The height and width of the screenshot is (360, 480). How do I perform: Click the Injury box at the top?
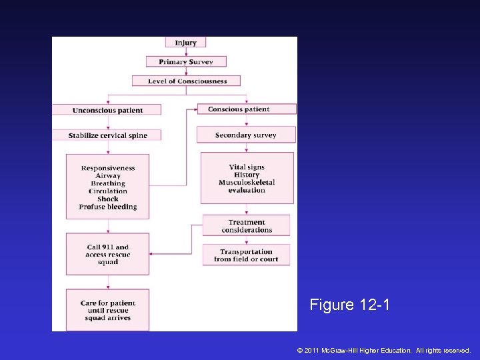coord(186,43)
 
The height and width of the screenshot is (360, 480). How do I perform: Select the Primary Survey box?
coord(186,62)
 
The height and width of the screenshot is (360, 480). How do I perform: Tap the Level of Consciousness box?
coord(186,81)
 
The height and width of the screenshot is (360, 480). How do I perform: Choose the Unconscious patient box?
coord(107,110)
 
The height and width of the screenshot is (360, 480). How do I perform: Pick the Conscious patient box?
coord(246,109)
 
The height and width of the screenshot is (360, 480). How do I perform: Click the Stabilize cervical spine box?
coord(107,135)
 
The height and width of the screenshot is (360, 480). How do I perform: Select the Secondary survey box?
coord(246,135)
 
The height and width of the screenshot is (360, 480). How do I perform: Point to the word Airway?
coord(108,176)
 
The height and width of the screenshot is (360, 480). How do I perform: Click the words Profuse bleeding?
coord(108,207)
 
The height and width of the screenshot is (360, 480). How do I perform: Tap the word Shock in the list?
coord(108,199)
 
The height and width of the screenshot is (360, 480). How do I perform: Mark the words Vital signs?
coord(247,167)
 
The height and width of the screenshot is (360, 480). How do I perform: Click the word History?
coord(247,175)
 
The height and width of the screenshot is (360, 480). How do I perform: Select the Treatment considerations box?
coord(247,226)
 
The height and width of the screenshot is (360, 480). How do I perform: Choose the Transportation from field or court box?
coord(246,255)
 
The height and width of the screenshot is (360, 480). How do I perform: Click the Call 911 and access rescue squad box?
coord(108,254)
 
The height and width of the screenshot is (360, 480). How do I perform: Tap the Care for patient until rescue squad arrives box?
coord(108,311)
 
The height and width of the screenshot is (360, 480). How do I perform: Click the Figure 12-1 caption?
coord(349,305)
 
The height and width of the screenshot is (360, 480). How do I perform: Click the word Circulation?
coord(108,191)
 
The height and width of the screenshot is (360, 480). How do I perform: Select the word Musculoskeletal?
coord(247,183)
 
